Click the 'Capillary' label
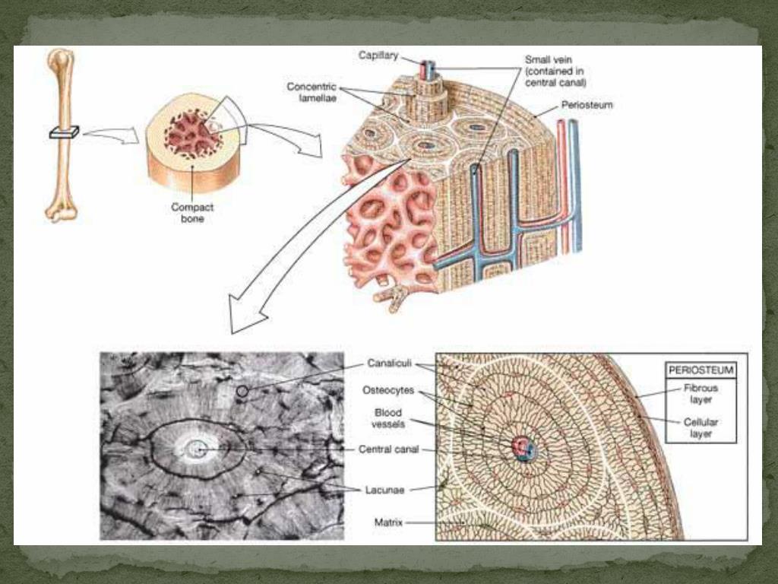[x=378, y=56]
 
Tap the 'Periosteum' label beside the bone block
[x=587, y=105]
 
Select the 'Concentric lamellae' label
[x=312, y=93]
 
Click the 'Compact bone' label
[x=192, y=212]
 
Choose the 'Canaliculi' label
[x=390, y=363]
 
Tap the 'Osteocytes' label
[x=387, y=390]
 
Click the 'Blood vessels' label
[x=387, y=418]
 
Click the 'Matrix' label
[x=388, y=522]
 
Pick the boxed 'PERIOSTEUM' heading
[x=701, y=370]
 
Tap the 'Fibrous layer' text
[x=701, y=393]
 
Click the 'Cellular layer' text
[x=701, y=427]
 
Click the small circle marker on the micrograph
[x=242, y=391]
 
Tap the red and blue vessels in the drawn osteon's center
[x=523, y=447]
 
